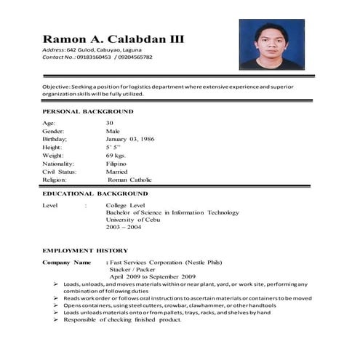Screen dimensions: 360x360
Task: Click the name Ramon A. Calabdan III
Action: (112, 39)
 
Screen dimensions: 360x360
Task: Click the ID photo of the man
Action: (271, 44)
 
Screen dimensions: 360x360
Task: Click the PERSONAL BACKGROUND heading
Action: (88, 111)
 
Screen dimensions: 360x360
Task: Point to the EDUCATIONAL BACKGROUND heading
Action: (95, 194)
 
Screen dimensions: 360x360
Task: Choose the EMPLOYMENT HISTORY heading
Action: (85, 249)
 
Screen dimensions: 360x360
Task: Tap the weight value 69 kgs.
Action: (116, 156)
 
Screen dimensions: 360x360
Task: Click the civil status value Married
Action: (116, 172)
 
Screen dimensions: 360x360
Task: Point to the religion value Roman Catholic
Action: (129, 180)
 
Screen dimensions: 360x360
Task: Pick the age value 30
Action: (109, 123)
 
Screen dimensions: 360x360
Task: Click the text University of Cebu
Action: (135, 220)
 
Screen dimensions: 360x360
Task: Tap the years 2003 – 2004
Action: (124, 228)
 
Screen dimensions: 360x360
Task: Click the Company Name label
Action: (67, 262)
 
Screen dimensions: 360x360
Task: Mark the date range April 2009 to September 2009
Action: (153, 276)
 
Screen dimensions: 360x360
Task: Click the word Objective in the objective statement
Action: (56, 87)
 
